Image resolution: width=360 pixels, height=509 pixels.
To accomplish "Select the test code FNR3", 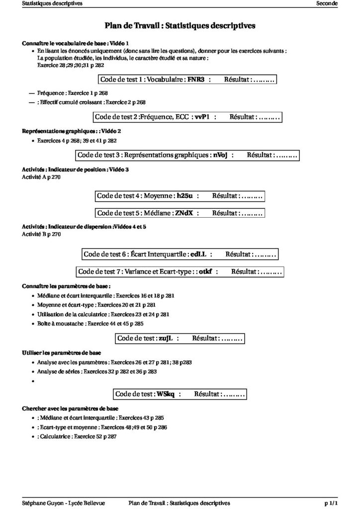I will [x=196, y=79].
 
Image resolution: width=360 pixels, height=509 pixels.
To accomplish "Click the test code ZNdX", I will [x=183, y=213].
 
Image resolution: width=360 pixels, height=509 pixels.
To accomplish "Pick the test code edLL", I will [x=198, y=254].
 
